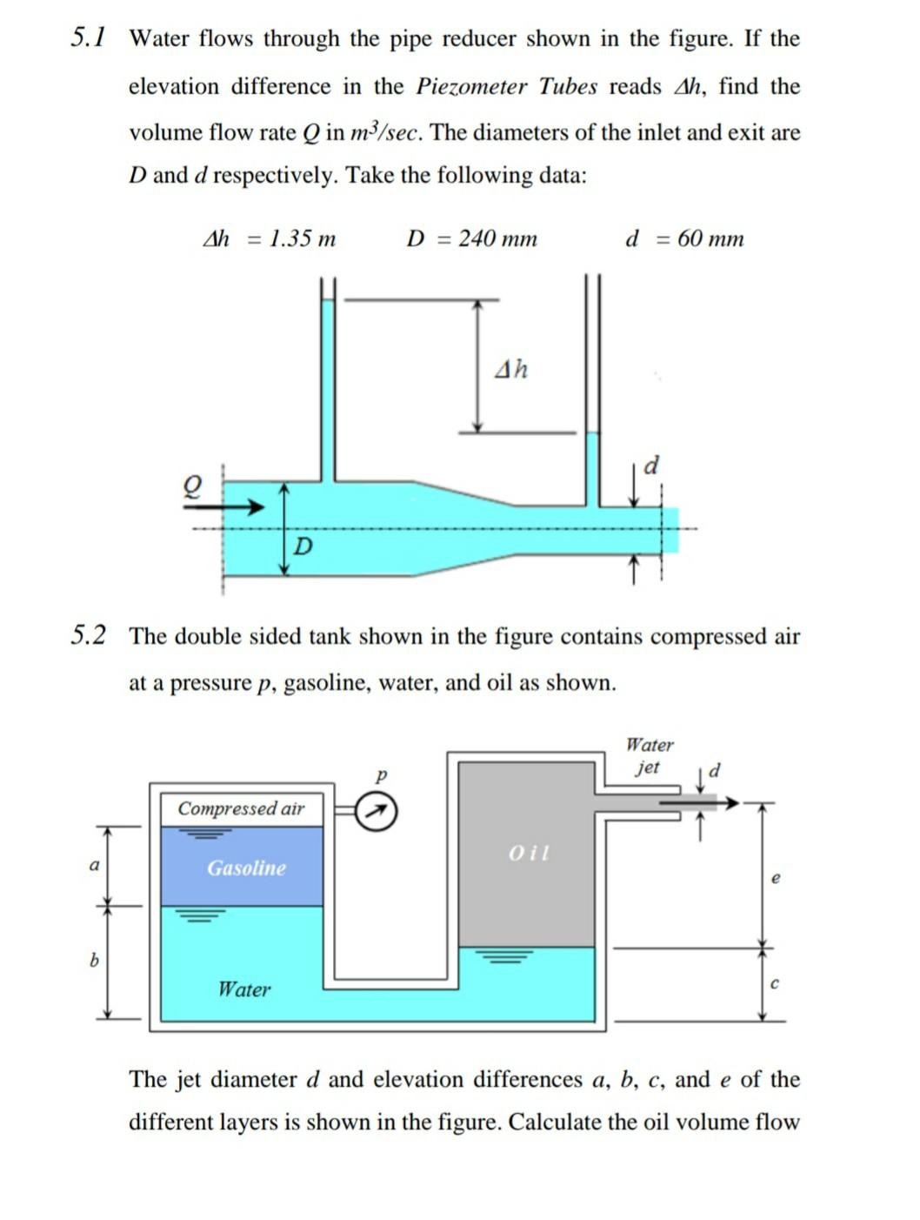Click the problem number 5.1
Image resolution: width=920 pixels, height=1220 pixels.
[89, 37]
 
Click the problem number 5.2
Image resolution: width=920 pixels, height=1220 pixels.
[89, 636]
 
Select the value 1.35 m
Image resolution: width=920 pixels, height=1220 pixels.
[301, 238]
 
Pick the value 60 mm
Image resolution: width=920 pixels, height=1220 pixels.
[710, 238]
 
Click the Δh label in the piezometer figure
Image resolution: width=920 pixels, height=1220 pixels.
[511, 370]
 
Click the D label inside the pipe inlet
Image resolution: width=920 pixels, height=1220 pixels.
[303, 546]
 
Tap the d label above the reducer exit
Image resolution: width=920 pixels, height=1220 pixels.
[650, 466]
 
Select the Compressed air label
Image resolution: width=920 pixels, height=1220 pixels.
[241, 808]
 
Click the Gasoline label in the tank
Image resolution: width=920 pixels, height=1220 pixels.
[246, 868]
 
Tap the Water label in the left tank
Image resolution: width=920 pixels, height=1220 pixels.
[243, 989]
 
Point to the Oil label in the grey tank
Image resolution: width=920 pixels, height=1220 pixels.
[529, 853]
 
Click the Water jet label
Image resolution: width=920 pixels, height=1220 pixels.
[649, 756]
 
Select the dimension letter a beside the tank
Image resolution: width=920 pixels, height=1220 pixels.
[95, 865]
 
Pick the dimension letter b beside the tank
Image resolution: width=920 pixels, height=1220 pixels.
[95, 961]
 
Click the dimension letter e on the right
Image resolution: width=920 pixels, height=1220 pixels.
[776, 878]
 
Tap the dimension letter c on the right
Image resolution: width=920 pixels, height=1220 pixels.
[775, 984]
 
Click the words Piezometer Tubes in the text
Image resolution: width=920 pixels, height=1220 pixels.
[507, 86]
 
